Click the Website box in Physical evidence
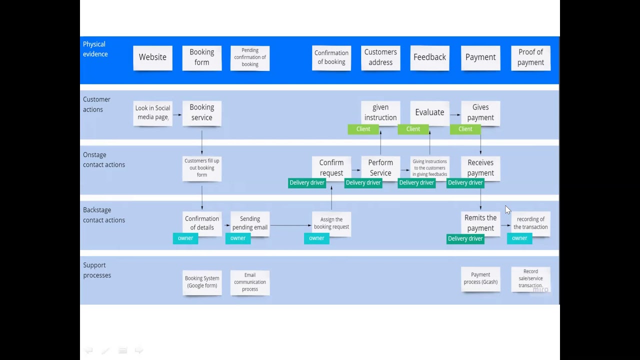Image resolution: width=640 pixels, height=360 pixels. pos(152,57)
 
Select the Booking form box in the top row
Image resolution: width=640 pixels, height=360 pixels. pos(201,57)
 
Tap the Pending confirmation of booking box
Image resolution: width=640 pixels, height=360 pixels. pos(250,57)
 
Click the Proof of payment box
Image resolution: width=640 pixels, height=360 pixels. pos(530,57)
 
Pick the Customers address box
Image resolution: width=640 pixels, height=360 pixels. pos(380,57)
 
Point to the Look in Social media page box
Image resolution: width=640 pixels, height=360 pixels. pos(152,113)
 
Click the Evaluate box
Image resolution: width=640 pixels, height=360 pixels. pos(429,112)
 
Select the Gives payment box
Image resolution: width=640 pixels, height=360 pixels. pos(480,112)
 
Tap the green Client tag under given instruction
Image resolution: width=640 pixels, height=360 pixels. pos(363,129)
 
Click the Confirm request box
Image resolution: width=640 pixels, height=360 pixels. pos(331,167)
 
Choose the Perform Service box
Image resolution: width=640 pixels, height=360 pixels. pos(380,167)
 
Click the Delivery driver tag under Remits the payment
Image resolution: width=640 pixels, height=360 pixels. pos(465,238)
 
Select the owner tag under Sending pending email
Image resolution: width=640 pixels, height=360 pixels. pos(238,238)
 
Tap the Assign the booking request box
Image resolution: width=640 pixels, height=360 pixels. pos(331,223)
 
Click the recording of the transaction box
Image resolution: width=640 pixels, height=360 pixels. pos(530,223)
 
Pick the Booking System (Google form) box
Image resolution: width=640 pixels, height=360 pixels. pos(201,282)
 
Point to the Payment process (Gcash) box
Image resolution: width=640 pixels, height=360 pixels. pos(480,278)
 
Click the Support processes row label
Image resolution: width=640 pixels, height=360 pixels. pos(97,270)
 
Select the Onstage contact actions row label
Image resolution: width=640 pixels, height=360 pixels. pos(103,159)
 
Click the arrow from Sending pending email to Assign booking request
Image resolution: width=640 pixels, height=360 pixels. pos(290,225)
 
